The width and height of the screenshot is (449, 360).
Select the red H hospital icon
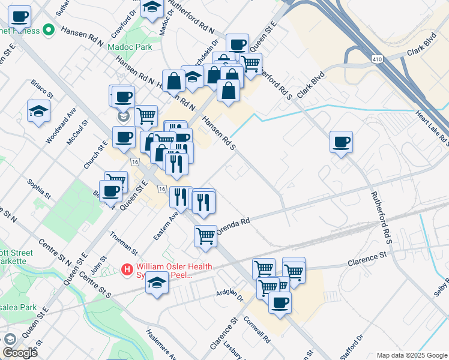click(x=127, y=270)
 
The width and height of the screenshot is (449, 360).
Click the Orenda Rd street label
click(x=232, y=223)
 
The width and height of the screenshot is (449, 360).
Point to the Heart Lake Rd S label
click(x=435, y=130)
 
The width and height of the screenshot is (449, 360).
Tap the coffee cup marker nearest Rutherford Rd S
click(x=341, y=143)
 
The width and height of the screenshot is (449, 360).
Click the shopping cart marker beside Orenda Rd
click(x=205, y=235)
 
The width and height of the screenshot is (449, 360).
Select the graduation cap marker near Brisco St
click(x=38, y=111)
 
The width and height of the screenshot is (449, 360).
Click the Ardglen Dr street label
click(x=230, y=295)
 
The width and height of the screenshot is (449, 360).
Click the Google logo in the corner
click(x=20, y=352)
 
